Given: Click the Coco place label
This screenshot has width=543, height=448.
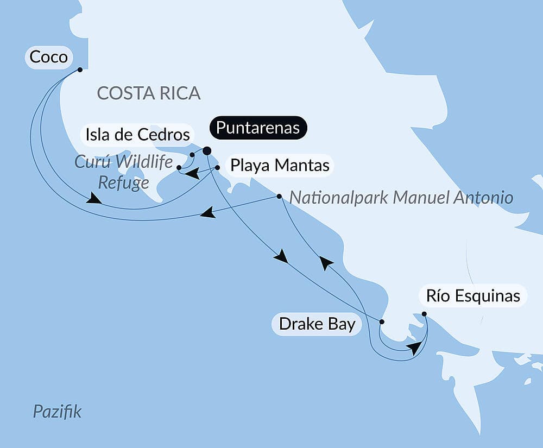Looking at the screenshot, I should pos(48,57).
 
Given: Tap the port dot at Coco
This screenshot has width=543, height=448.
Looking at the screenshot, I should pos(80,70).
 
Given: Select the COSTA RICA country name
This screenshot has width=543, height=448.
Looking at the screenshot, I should pos(148,93).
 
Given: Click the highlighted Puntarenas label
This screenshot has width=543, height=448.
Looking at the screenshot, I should pos(258,128).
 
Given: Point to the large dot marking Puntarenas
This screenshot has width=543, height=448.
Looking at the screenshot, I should pos(207,151).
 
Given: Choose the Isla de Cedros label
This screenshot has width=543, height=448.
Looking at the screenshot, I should pos(136,134).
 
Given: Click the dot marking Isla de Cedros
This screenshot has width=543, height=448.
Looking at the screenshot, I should pos(192,155).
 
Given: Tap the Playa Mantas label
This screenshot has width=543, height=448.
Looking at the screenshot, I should pos(280,165).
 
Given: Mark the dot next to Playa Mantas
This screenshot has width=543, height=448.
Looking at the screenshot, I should pos(217,168).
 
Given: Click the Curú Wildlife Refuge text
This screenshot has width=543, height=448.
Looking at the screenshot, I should pos(123,172).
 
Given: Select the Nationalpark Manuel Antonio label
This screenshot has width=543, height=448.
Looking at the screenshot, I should pos(401,197).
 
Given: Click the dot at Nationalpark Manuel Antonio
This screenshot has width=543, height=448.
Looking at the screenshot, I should pos(279,196).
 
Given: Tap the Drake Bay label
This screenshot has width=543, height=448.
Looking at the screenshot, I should pos(317,324).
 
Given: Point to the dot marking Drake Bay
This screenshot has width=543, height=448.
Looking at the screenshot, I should pos(381,322).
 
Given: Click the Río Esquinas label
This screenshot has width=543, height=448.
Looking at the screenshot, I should pos(473,296).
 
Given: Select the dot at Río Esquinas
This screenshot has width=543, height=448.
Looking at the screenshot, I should pos(424,314).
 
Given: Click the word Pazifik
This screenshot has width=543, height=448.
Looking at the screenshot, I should pos(57,411).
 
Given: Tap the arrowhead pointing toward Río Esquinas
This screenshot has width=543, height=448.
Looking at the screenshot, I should pos(415,348).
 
